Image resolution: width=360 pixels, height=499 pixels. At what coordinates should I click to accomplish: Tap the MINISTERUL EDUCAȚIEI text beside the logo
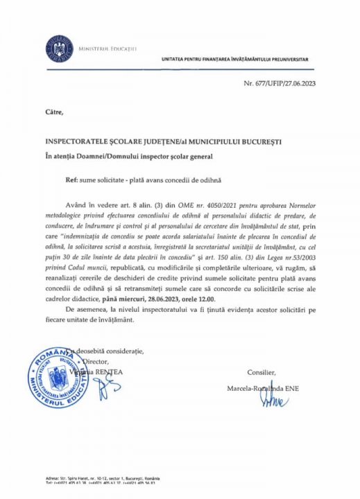click(108, 49)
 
